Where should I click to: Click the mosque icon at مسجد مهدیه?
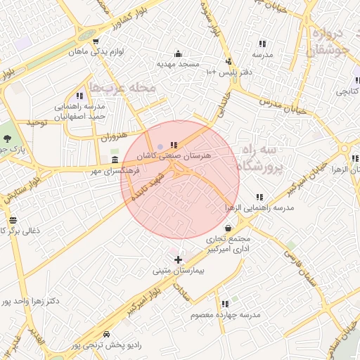(x=177, y=53)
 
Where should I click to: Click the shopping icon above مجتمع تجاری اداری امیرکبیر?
(x=229, y=228)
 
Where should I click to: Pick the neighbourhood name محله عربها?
(x=129, y=89)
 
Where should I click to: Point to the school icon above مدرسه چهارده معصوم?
(x=225, y=304)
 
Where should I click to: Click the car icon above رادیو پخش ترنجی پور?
(x=105, y=335)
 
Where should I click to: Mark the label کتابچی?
(x=349, y=91)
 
